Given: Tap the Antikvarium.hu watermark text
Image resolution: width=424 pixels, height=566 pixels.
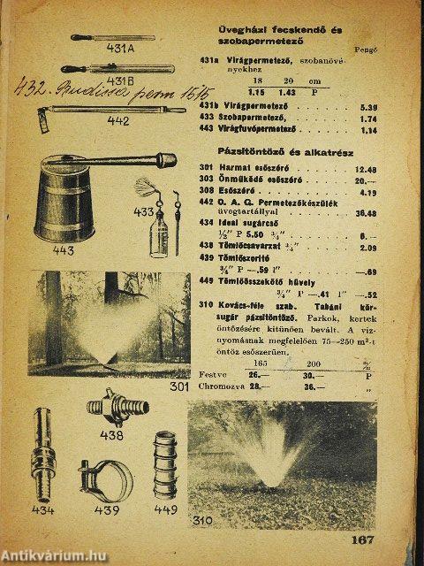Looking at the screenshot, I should pyautogui.click(x=56, y=555).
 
